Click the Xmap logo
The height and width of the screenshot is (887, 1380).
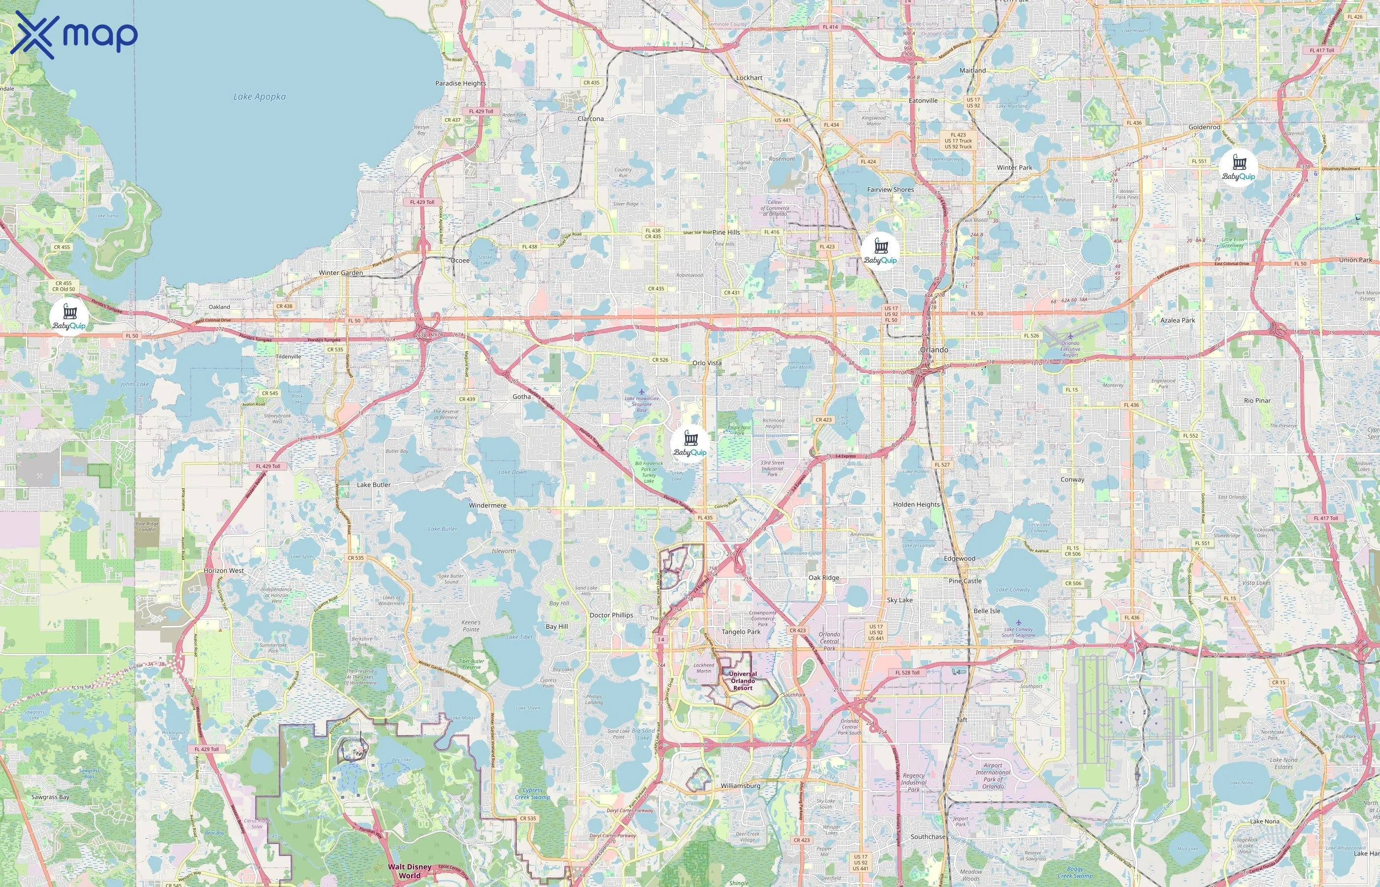(x=74, y=35)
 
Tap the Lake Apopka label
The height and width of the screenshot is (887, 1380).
(x=259, y=97)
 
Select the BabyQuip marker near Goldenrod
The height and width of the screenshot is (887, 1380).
(x=1239, y=168)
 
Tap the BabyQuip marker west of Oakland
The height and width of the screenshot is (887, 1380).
(x=69, y=317)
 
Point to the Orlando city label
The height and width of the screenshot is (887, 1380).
(x=933, y=349)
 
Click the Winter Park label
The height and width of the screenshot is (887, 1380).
(x=1014, y=168)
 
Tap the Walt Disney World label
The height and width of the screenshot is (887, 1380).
(x=410, y=871)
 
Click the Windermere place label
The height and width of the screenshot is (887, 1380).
(x=487, y=505)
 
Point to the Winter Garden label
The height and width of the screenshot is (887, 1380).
(x=341, y=273)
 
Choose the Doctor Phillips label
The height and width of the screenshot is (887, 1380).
(x=611, y=615)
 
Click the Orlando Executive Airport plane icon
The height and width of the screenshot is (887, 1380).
(x=1070, y=336)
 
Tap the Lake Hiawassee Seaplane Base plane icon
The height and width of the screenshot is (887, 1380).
(x=641, y=392)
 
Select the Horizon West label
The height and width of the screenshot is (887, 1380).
(x=223, y=570)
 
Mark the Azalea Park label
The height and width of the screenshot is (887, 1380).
(x=1177, y=320)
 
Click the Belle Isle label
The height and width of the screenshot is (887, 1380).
(x=987, y=611)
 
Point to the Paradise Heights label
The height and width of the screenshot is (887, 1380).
(x=460, y=83)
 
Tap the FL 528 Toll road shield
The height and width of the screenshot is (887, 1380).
(x=907, y=672)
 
